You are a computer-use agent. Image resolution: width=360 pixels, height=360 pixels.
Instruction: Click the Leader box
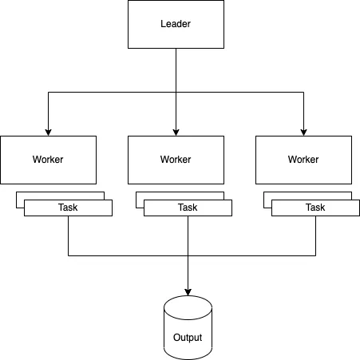[176, 24]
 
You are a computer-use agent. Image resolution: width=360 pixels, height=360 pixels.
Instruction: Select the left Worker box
[48, 159]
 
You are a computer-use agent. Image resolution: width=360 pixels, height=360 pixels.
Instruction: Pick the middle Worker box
[176, 159]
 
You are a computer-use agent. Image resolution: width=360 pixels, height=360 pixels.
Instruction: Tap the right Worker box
[303, 159]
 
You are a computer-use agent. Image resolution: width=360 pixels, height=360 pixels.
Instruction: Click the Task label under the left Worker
[68, 208]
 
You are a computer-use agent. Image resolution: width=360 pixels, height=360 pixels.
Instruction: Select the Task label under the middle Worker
[188, 208]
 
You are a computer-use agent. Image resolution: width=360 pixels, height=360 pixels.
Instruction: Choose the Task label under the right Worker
[315, 208]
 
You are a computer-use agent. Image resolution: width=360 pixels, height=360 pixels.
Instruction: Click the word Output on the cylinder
[188, 338]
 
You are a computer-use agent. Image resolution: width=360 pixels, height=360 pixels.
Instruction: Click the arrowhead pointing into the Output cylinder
[188, 291]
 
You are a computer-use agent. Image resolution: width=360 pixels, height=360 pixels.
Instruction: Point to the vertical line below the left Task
[68, 235]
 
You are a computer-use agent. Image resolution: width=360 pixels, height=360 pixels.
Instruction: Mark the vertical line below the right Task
[315, 235]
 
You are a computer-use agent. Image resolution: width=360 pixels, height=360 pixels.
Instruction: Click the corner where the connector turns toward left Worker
[48, 92]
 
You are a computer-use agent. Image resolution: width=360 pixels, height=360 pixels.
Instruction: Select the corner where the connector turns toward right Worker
[303, 92]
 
